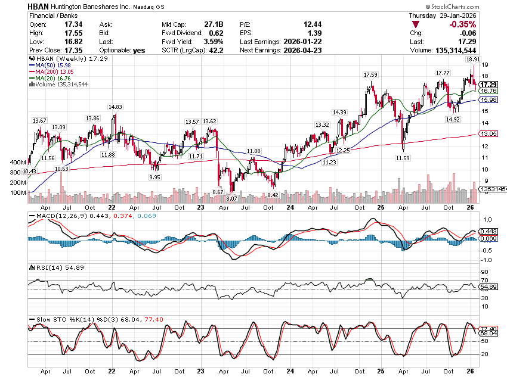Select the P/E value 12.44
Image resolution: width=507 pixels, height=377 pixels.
coord(317,24)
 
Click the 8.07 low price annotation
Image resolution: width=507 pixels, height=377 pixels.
coord(232,198)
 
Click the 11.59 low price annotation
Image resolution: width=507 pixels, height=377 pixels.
coord(403,158)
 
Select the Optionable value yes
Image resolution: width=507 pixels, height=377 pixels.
coord(138,51)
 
